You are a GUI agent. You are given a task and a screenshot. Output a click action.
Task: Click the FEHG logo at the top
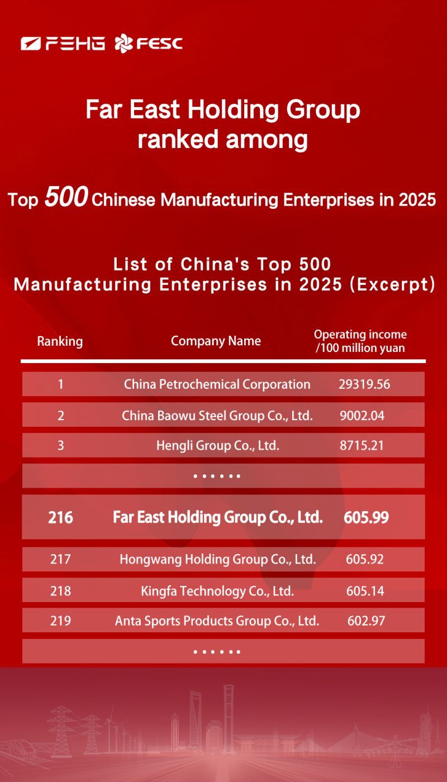[63, 43]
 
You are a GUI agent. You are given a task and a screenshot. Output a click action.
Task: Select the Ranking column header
[60, 341]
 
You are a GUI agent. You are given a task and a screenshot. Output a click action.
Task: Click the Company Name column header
[216, 341]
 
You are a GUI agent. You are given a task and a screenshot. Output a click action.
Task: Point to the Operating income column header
[360, 341]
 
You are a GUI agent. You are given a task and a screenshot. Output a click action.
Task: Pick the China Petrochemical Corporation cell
[217, 384]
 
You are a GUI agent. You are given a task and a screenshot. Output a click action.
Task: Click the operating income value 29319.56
[364, 384]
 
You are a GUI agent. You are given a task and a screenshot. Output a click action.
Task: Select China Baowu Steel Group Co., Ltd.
[217, 416]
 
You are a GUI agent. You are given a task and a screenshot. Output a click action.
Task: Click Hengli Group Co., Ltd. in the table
[217, 446]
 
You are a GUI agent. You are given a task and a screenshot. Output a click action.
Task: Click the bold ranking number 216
[60, 518]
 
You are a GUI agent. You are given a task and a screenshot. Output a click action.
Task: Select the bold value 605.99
[366, 518]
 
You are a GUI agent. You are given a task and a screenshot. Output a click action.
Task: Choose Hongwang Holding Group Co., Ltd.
[218, 559]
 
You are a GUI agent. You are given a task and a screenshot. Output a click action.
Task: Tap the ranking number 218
[60, 590]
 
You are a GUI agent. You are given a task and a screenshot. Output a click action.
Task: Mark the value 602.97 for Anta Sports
[366, 621]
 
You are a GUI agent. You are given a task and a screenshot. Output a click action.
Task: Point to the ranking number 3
[60, 446]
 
